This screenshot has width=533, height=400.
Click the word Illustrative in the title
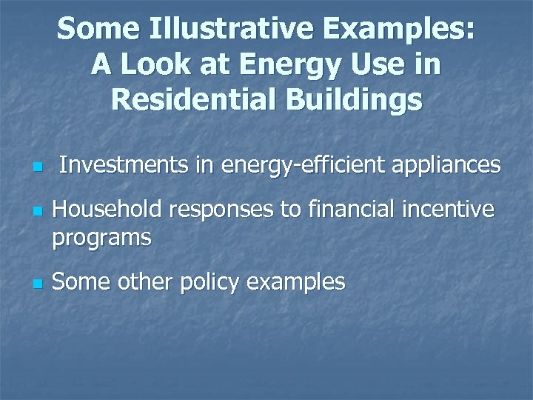pyautogui.click(x=232, y=30)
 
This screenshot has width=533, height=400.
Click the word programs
pyautogui.click(x=101, y=239)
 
